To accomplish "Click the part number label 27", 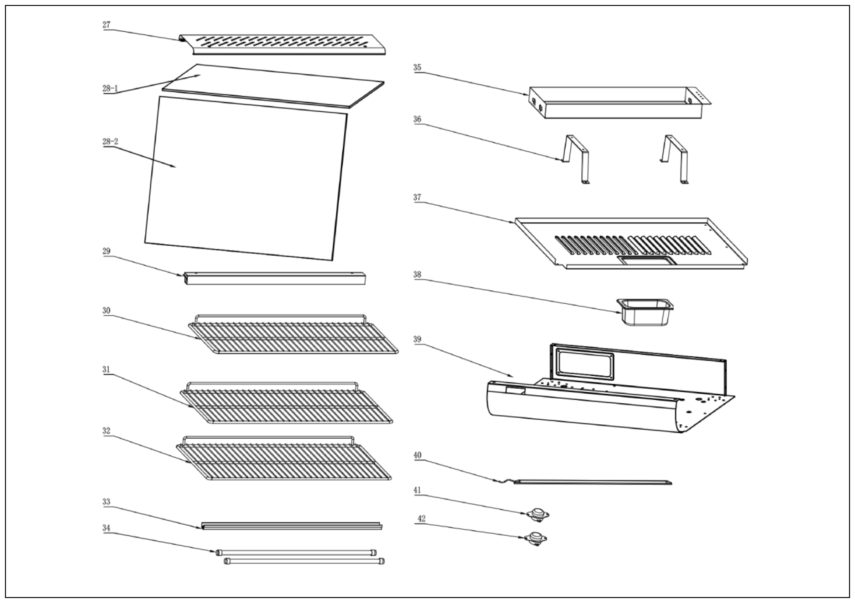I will (107, 25).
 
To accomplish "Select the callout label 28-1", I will (110, 89).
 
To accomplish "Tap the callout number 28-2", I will (110, 142).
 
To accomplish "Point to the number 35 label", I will (417, 68).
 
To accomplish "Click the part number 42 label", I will (421, 519).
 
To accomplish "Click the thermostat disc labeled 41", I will (537, 514).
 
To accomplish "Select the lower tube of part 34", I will (304, 561).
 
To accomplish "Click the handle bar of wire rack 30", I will (280, 316).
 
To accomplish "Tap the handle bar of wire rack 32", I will (268, 438).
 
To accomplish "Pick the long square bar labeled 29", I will (275, 278).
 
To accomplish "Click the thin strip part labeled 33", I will (291, 526).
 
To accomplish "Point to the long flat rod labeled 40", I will (592, 482).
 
